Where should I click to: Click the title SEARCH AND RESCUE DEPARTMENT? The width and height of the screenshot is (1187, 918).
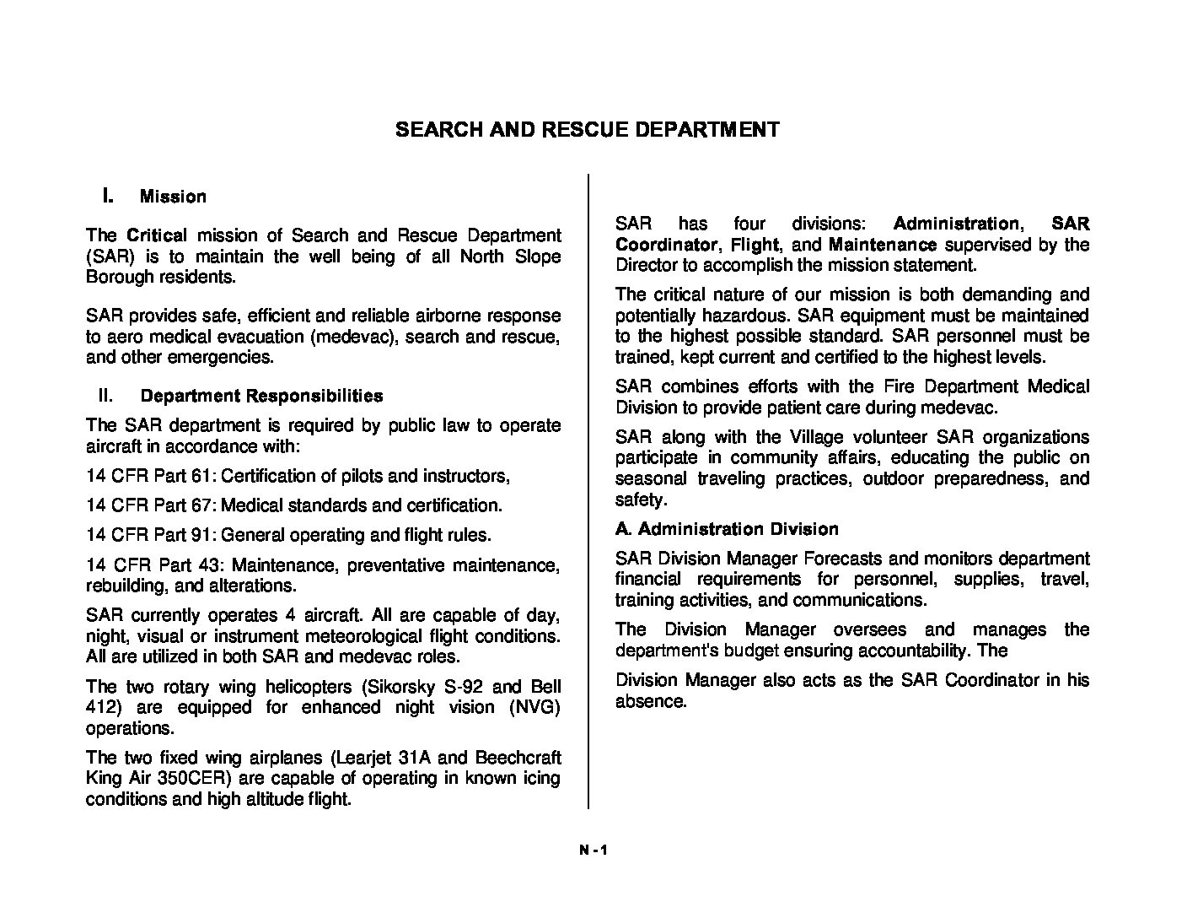coord(587,130)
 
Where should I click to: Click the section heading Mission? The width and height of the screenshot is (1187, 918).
coord(173,197)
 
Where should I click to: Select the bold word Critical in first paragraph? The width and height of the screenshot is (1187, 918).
coord(156,235)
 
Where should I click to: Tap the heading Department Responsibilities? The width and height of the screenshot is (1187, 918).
coord(261,396)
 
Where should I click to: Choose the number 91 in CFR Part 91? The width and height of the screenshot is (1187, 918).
coord(201,535)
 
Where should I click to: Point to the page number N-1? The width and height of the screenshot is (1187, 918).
coord(593,850)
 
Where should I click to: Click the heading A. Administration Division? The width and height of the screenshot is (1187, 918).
coord(727,529)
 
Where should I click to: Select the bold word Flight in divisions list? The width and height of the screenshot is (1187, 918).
coord(755,245)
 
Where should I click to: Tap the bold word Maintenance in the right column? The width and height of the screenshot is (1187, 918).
coord(883,245)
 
